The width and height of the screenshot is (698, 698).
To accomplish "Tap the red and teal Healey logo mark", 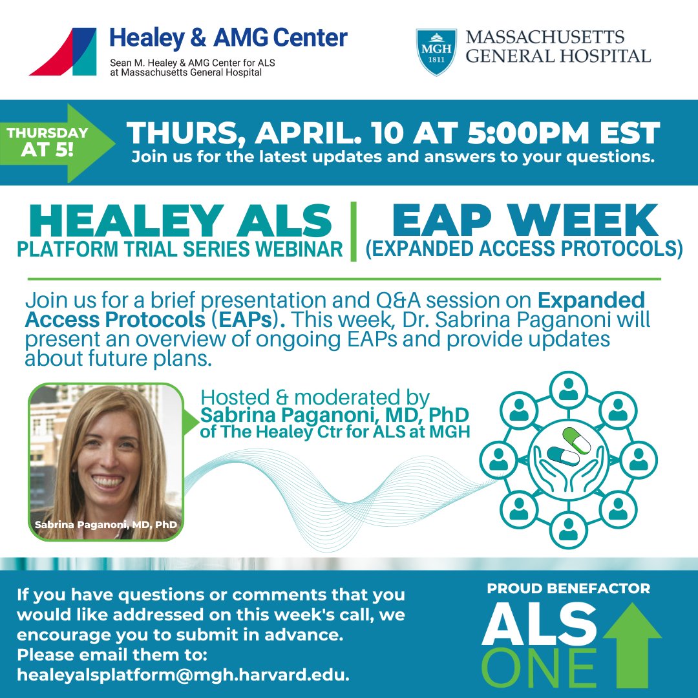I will tap(63, 52).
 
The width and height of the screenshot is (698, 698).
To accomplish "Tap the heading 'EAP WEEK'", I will tap(524, 220).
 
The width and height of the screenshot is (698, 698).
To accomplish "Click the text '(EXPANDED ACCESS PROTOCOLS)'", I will tap(524, 249).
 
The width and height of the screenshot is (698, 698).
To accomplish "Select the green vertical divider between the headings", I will tap(354, 231).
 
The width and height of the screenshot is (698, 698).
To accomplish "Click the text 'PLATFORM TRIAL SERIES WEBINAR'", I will tap(180, 249).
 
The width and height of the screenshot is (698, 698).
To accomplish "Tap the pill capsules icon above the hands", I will tap(569, 447).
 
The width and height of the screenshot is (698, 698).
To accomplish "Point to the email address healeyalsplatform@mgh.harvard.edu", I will tap(184, 675).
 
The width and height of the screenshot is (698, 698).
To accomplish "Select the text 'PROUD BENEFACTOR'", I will tap(569, 589).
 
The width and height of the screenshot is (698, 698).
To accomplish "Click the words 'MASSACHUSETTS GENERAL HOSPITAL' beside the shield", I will tap(558, 46).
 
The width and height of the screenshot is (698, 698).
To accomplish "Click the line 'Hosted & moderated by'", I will tap(315, 397).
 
